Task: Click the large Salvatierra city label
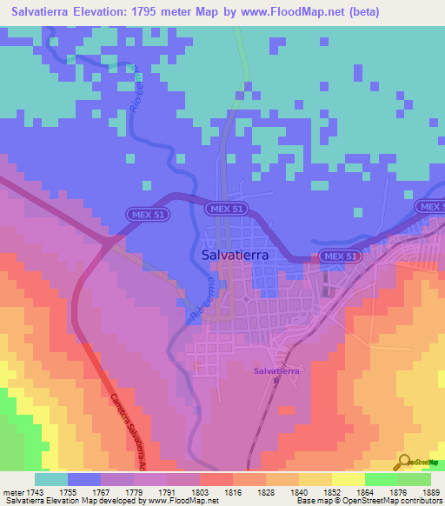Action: coord(234,255)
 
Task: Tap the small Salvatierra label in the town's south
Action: coord(276,371)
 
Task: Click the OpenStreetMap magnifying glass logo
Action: coord(405,461)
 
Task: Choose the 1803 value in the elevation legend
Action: coord(199,492)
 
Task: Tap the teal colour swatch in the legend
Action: coord(51,479)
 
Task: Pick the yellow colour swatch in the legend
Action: coord(348,479)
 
